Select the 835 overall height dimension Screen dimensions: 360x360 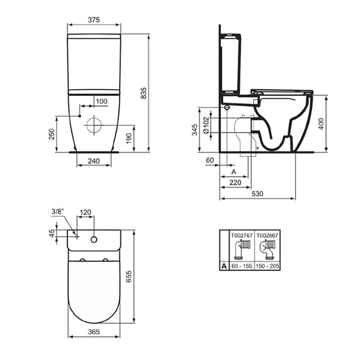[x=143, y=95]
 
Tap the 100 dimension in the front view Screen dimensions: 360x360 [x=101, y=101]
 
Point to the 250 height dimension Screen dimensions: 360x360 [x=52, y=134]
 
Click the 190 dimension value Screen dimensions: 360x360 [x=129, y=138]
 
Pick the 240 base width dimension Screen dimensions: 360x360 [x=94, y=161]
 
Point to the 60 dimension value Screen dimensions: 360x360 [x=209, y=161]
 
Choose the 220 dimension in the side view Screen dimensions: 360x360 [x=236, y=182]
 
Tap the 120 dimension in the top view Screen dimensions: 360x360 [x=85, y=211]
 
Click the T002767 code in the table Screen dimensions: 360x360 [x=241, y=236]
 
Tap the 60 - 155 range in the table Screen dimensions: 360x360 [x=241, y=267]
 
